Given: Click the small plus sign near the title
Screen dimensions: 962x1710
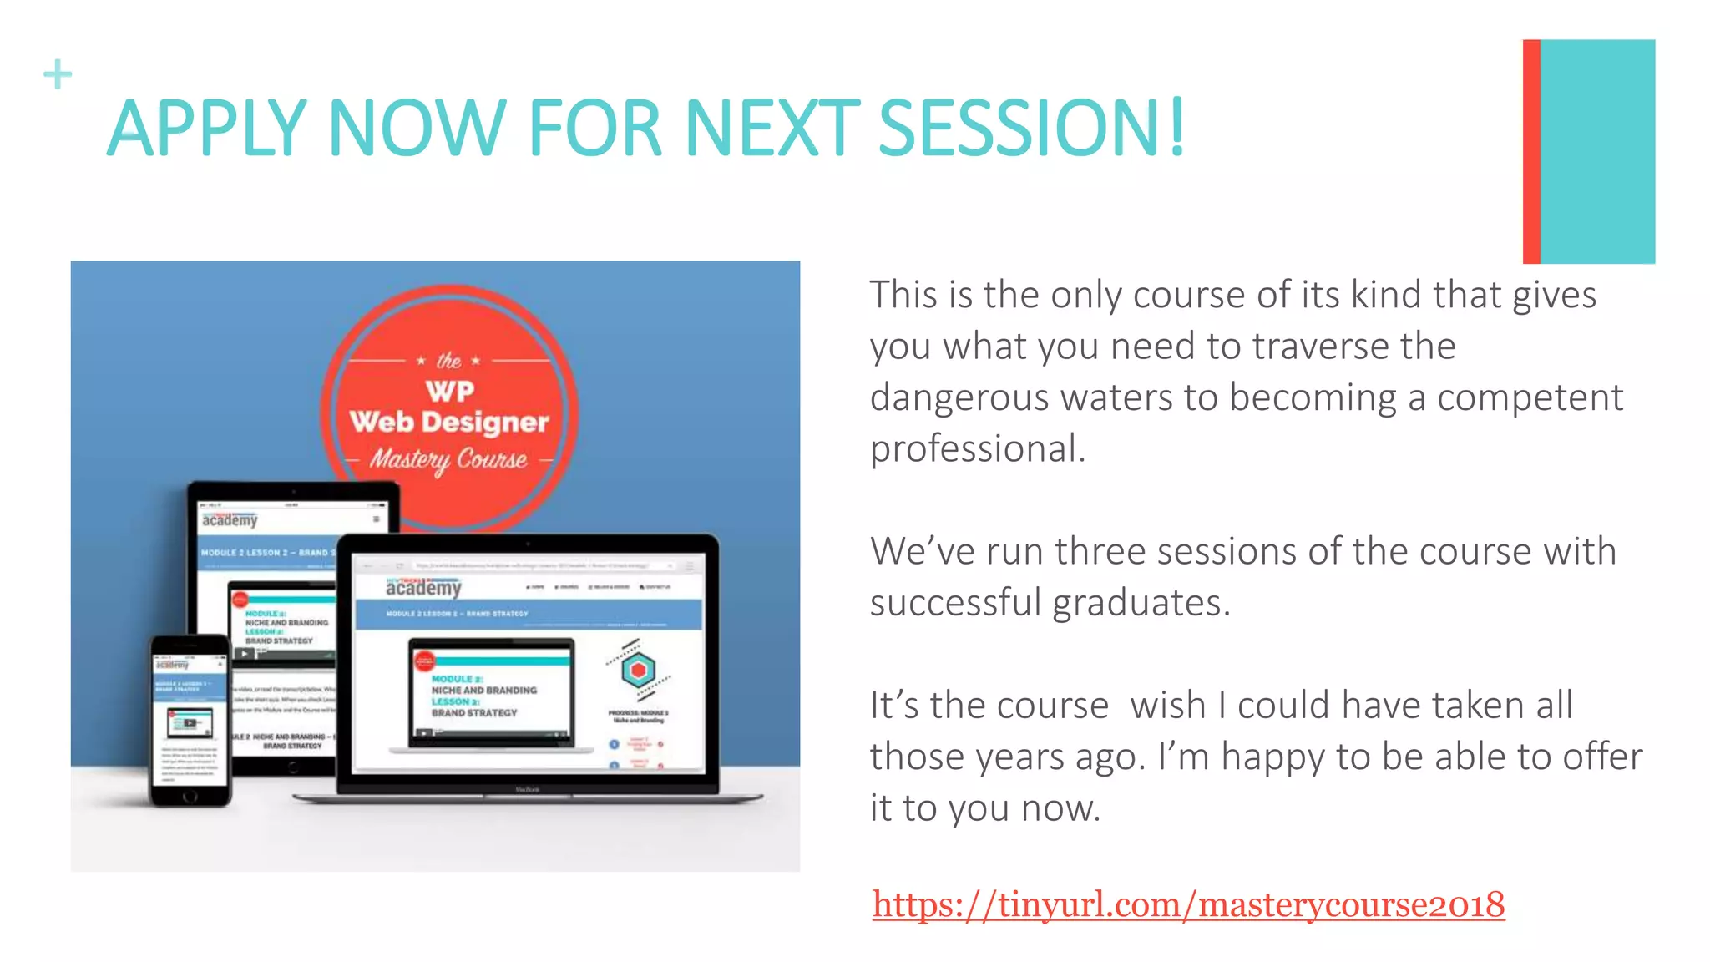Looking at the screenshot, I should tap(58, 74).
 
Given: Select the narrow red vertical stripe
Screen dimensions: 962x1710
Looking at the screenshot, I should tap(1530, 151).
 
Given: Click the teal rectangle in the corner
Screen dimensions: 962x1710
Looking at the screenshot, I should tap(1597, 151).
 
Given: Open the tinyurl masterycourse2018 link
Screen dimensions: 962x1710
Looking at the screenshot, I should tap(1188, 904).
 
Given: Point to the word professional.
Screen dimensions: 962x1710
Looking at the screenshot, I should tap(977, 449).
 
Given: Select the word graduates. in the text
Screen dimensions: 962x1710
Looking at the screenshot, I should tap(1141, 603).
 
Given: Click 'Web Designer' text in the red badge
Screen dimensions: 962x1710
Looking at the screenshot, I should tap(449, 423).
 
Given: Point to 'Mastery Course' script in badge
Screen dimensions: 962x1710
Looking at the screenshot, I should tap(449, 459).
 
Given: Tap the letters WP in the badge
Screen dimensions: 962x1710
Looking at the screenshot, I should tap(450, 391).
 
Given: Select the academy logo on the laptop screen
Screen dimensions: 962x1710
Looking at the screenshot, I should tap(423, 588).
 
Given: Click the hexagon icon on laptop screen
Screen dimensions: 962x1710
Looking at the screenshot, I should tap(638, 670).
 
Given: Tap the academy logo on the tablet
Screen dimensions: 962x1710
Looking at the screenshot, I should tap(230, 520).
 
